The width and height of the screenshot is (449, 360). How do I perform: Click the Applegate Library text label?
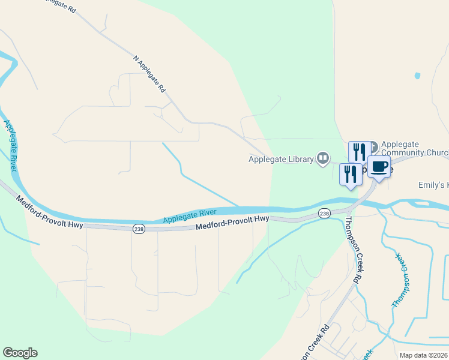tap(282, 159)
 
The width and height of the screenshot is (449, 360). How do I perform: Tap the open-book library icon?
tap(324, 158)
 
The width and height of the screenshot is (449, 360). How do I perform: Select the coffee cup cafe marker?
tap(379, 167)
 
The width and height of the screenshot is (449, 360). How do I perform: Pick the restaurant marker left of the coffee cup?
tap(351, 174)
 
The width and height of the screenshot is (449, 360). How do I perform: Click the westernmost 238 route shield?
tap(137, 229)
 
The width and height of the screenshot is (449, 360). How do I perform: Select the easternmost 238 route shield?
tap(324, 214)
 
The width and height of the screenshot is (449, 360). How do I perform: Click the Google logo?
tap(20, 353)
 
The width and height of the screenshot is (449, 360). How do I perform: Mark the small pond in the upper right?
tap(417, 76)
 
